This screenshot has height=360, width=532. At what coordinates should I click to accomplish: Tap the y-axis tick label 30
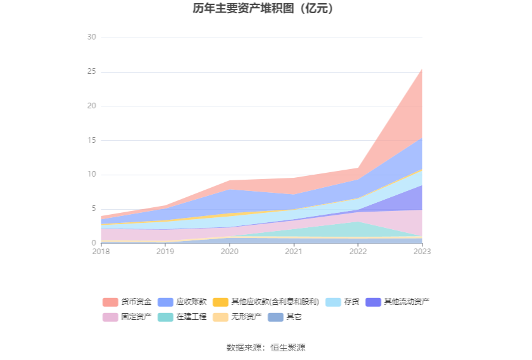point(91,38)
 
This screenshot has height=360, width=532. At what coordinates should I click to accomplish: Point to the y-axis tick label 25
point(91,72)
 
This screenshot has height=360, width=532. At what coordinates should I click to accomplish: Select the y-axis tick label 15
point(91,140)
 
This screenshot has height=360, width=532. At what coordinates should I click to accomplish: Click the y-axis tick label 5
point(93,209)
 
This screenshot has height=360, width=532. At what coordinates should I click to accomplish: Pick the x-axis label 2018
point(101,252)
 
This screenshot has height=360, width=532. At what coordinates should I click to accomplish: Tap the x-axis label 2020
point(230,252)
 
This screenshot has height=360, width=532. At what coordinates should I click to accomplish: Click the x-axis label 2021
point(294,252)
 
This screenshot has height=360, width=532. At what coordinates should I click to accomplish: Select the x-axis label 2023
point(422,252)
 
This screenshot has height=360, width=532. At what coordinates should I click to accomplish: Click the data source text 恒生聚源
point(288,347)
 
